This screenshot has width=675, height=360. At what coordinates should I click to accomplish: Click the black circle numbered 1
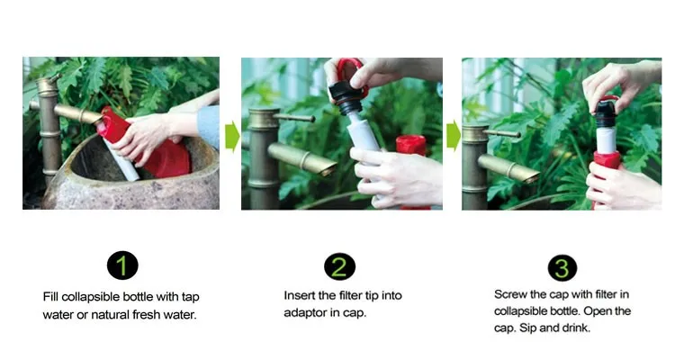tap(122, 265)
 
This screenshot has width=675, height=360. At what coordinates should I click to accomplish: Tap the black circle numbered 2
tap(339, 266)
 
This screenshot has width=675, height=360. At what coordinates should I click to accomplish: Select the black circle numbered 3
tap(562, 268)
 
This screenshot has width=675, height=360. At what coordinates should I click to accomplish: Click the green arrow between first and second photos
tap(232, 136)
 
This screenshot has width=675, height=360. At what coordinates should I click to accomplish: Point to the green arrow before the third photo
tap(454, 136)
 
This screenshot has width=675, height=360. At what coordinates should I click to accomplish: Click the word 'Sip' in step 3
tap(527, 328)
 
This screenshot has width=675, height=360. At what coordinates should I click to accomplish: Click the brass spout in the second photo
tap(302, 159)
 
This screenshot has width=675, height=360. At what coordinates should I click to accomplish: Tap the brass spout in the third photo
tap(508, 167)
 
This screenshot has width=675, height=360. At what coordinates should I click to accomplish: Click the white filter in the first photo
tap(122, 160)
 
